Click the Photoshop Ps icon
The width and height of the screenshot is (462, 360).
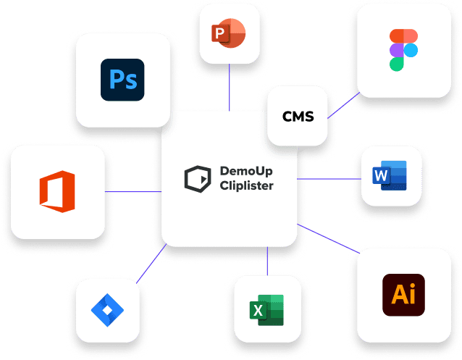point(122,80)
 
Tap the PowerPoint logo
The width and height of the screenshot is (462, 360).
point(229,33)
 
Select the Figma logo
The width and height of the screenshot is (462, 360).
point(403,50)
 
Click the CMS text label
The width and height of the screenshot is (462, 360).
point(298,117)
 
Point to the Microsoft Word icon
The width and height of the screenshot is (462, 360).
point(390,175)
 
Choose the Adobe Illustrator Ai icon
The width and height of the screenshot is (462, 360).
point(403,295)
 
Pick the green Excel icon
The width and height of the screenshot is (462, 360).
point(266,310)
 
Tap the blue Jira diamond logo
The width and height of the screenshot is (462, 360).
point(107,310)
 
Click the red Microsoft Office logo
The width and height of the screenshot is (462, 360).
point(57,191)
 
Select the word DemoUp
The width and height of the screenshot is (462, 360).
point(246,171)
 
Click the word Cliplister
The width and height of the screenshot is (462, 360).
point(247,185)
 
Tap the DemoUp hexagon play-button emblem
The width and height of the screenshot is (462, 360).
point(198,179)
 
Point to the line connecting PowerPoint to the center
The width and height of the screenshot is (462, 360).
point(230,87)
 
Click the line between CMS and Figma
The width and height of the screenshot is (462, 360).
point(343,105)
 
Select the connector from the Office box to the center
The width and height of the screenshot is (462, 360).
point(133,192)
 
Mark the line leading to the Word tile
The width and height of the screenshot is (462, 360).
point(329,179)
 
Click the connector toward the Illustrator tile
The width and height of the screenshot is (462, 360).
point(329,239)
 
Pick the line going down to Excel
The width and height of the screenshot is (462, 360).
point(267,261)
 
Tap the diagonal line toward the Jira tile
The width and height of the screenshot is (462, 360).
point(151,264)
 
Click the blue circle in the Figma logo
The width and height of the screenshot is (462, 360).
point(411,50)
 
